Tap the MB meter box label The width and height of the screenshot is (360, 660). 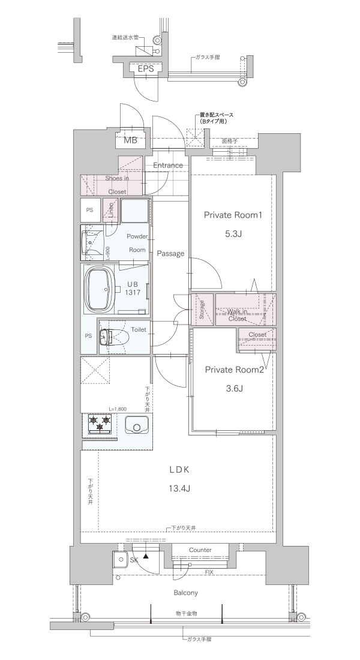pyautogui.click(x=130, y=140)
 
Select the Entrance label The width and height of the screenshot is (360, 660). pyautogui.click(x=167, y=166)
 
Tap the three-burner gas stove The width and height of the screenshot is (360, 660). pyautogui.click(x=100, y=424)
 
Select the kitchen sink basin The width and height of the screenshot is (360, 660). pyautogui.click(x=136, y=424)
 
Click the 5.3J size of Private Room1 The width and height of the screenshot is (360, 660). pyautogui.click(x=233, y=235)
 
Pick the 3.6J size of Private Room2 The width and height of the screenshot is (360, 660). pyautogui.click(x=235, y=389)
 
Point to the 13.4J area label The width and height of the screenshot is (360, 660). pyautogui.click(x=180, y=488)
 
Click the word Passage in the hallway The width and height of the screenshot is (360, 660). pyautogui.click(x=170, y=253)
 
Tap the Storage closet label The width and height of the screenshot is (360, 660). pyautogui.click(x=202, y=310)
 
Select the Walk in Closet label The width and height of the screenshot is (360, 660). pyautogui.click(x=237, y=315)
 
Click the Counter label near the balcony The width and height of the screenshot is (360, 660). pyautogui.click(x=200, y=550)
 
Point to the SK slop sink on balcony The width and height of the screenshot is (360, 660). pyautogui.click(x=121, y=559)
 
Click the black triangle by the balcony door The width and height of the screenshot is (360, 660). pyautogui.click(x=146, y=556)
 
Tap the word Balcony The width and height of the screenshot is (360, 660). pyautogui.click(x=185, y=593)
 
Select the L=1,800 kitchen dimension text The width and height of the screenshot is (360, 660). pyautogui.click(x=118, y=409)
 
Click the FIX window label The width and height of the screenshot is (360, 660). pyautogui.click(x=208, y=572)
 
